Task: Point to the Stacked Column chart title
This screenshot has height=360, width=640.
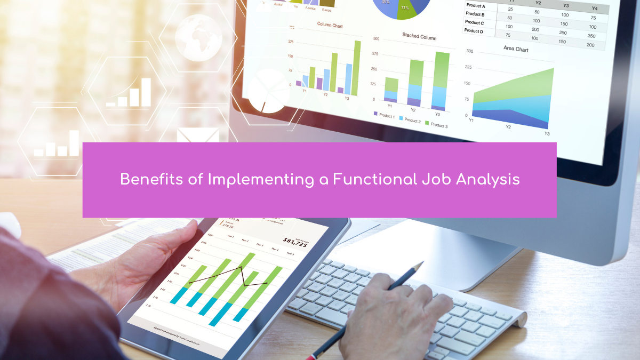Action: tap(419, 37)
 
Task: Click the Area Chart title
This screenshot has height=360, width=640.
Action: tap(516, 49)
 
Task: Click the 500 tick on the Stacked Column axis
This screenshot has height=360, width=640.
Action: tap(376, 39)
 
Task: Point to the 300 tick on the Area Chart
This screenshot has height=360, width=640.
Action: tap(469, 51)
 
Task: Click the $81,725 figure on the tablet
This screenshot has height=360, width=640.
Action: tap(295, 242)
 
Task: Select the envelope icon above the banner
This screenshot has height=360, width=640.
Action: tap(198, 135)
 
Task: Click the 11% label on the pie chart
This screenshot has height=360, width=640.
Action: tap(405, 8)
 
